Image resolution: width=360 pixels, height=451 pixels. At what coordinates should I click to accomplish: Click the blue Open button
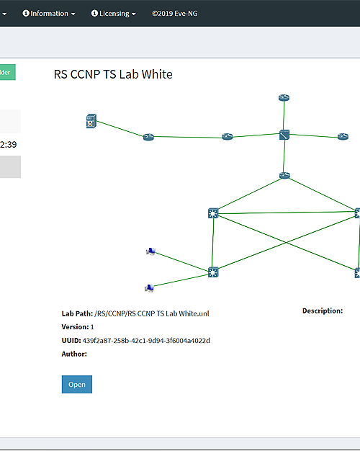point(77,384)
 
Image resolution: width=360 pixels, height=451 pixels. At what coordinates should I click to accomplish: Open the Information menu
point(49,14)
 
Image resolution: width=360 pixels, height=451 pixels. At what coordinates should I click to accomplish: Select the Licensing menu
point(114,14)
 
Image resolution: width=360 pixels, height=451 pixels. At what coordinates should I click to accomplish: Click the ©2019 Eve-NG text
point(175,14)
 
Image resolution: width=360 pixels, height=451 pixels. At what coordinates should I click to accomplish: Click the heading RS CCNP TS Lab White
point(113,74)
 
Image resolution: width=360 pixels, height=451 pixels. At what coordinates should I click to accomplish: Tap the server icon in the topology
point(91,121)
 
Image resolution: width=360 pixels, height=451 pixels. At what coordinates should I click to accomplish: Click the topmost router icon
point(284,98)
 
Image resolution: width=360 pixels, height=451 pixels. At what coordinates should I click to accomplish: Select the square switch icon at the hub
point(284,135)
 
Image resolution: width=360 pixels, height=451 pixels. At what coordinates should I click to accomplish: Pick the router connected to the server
point(148,137)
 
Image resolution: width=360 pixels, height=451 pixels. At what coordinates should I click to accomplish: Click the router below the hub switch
point(284,175)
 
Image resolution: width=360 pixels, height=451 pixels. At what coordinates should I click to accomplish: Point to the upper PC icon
point(150,251)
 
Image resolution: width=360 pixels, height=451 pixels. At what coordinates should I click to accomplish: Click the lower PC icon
point(149,287)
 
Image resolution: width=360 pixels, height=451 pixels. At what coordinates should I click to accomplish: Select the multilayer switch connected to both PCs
point(213,272)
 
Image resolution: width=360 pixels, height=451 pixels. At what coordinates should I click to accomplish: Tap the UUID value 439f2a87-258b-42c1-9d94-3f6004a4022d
point(146,341)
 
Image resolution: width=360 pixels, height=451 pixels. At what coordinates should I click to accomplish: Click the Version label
point(75,327)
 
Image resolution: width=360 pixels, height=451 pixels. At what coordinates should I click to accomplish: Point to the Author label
point(74,354)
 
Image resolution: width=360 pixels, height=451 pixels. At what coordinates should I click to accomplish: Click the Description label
point(323,311)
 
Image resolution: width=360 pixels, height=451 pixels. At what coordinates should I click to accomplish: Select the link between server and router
point(120,129)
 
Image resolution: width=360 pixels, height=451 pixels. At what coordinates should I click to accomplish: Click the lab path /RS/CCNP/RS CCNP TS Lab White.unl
point(152,313)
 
